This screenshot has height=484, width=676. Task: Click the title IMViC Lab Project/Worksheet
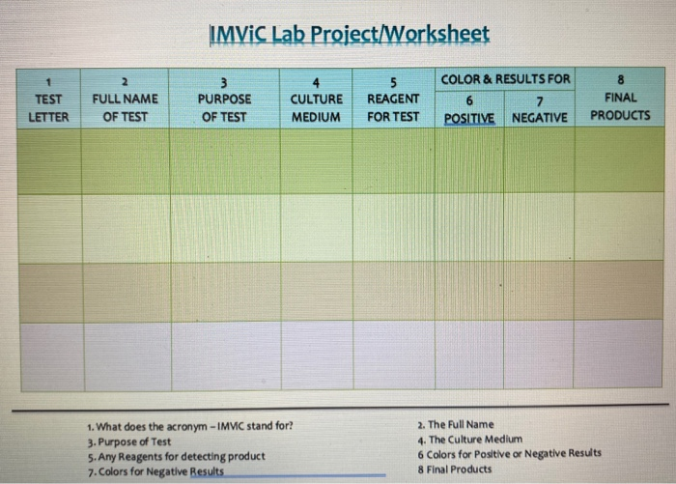[349, 35]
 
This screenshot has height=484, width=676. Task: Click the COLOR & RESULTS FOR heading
[505, 78]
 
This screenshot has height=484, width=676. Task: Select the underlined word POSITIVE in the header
[469, 118]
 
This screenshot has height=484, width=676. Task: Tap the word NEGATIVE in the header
[539, 118]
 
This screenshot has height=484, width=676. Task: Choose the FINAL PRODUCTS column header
[620, 98]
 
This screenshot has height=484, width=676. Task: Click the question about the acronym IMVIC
[189, 425]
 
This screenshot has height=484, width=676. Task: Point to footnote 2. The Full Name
[456, 424]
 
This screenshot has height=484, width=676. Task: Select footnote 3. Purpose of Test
[128, 441]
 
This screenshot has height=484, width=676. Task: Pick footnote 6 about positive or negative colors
[510, 453]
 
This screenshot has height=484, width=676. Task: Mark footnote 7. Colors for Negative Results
[155, 470]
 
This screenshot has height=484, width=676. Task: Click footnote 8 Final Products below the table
[455, 469]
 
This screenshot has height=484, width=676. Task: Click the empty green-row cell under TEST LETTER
[45, 159]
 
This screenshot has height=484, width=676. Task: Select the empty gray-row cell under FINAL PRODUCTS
[620, 355]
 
